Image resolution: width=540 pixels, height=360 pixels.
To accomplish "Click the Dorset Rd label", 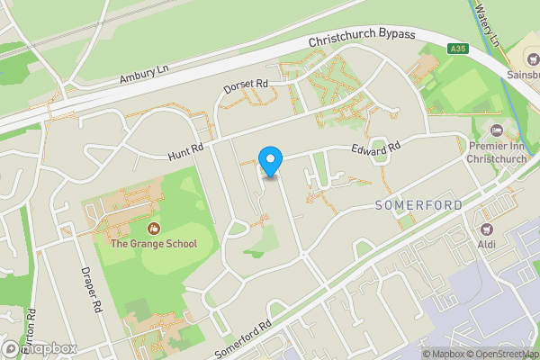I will (247, 87).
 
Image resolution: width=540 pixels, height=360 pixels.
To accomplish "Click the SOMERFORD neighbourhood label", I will (418, 205).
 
